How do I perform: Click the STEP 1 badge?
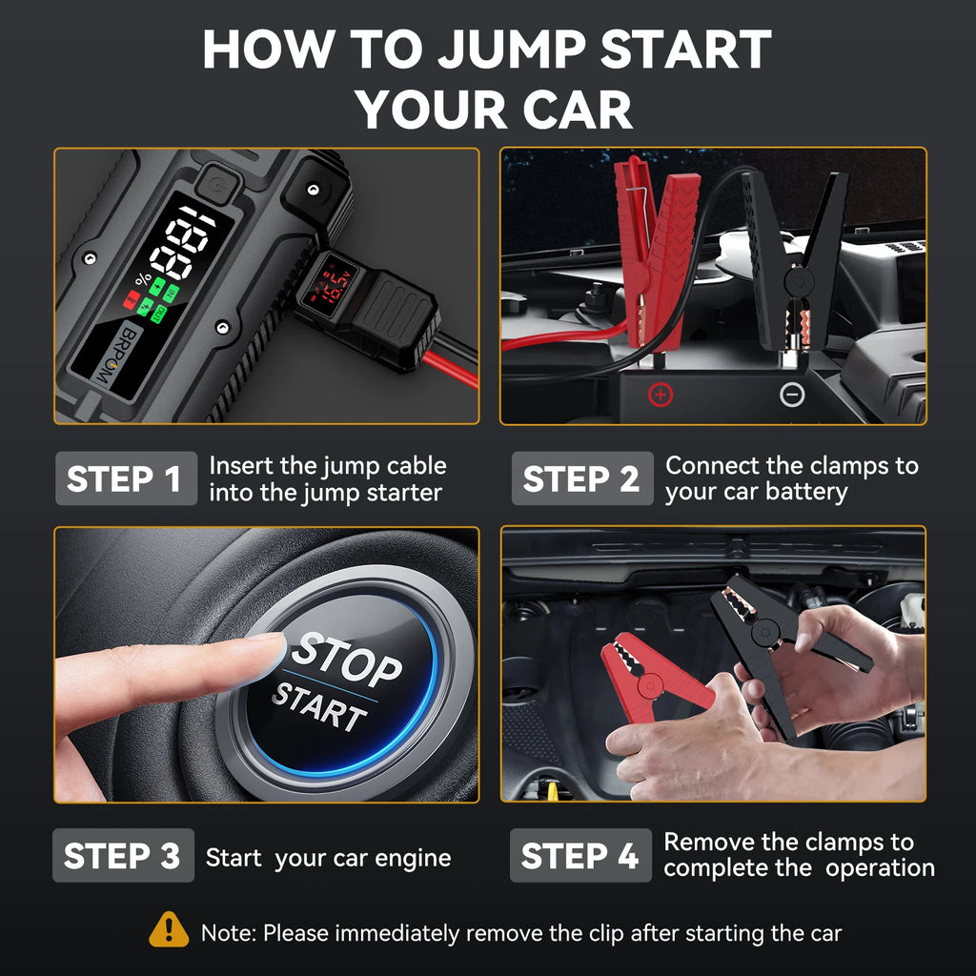click(125, 478)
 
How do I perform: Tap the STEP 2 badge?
click(581, 478)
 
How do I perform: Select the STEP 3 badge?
click(122, 856)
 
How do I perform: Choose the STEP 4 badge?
click(579, 856)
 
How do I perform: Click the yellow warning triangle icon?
click(169, 929)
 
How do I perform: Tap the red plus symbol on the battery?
click(660, 393)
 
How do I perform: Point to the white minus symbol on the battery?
click(792, 394)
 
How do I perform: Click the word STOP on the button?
click(347, 660)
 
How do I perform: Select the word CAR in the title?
click(577, 110)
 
